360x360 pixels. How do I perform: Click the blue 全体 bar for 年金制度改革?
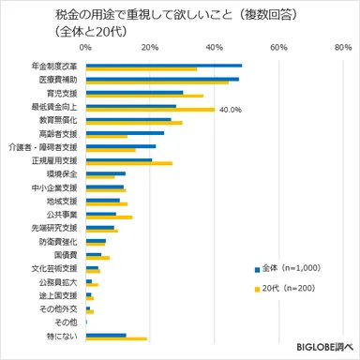tap(163, 66)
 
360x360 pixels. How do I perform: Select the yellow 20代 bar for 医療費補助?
tap(157, 83)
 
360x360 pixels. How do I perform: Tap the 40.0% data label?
tap(231, 110)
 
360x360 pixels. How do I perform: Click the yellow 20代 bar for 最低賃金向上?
tap(150, 110)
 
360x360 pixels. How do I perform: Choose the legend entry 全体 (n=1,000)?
tap(288, 268)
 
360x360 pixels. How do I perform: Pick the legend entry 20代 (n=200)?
tap(288, 287)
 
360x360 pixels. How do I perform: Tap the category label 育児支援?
tap(62, 94)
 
